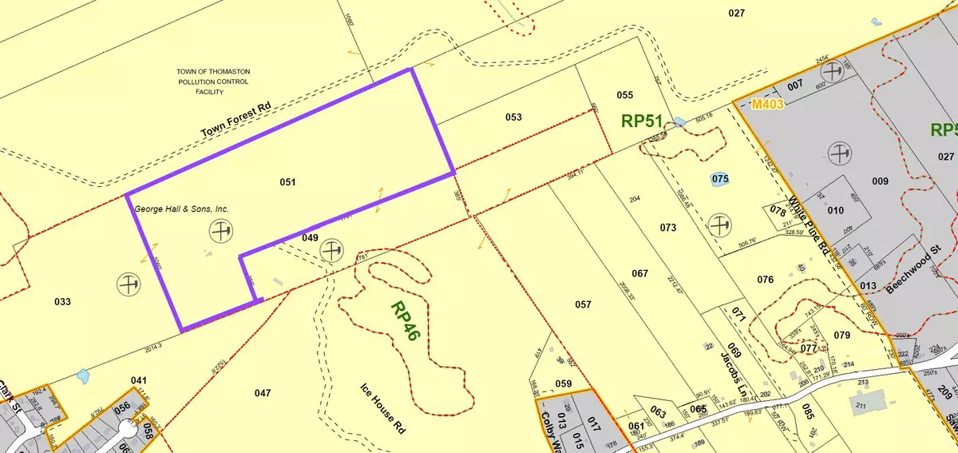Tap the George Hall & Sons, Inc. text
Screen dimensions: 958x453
(181, 209)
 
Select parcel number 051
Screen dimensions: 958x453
(288, 182)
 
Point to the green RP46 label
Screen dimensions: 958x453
(406, 317)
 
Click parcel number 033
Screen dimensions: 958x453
(62, 301)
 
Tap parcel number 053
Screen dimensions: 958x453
(513, 117)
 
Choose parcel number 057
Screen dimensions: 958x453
(583, 304)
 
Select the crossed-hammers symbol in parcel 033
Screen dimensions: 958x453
(127, 283)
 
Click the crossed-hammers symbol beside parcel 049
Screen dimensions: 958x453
(331, 252)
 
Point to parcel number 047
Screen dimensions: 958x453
(263, 392)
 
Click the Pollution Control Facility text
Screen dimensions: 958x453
(213, 81)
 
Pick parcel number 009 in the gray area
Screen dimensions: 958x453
(880, 181)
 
